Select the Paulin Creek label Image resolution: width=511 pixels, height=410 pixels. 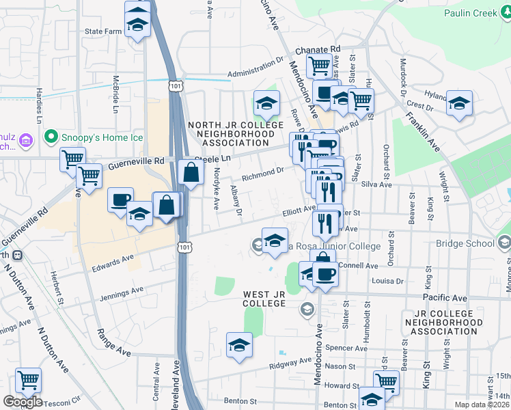click(x=476, y=13)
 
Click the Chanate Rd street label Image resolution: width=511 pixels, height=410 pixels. click(x=318, y=50)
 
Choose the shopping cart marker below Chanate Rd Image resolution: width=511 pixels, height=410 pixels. click(x=319, y=66)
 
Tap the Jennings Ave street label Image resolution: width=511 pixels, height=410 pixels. click(x=123, y=295)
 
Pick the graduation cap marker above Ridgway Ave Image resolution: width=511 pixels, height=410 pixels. click(x=239, y=345)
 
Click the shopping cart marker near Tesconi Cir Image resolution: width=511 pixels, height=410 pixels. click(x=28, y=380)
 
